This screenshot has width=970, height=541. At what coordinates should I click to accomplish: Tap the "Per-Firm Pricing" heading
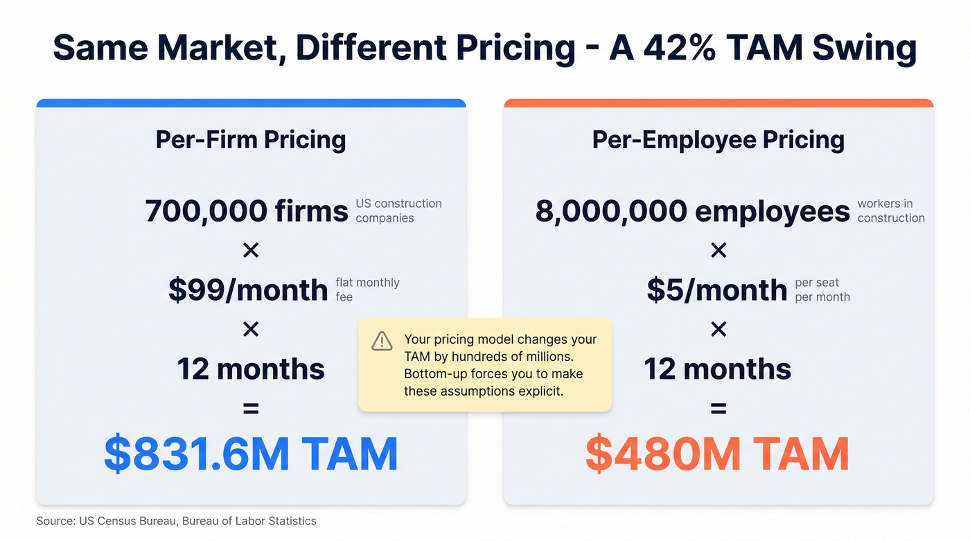pos(251,140)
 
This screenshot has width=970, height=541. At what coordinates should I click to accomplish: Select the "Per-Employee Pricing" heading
pos(718,140)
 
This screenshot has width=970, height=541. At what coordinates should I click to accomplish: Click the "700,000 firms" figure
pos(247,211)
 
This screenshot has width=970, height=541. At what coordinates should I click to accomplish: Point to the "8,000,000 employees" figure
pos(692,211)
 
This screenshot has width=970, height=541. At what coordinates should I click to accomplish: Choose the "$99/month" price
pos(248,290)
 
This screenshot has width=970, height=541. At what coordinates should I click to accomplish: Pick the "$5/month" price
pos(717,290)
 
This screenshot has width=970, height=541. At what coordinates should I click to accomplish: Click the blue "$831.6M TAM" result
pos(251,454)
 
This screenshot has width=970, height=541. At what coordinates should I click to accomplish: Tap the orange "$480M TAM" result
pos(718,454)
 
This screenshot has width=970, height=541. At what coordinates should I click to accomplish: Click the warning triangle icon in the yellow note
pos(382,341)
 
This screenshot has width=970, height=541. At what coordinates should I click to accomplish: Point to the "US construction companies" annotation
pos(398,211)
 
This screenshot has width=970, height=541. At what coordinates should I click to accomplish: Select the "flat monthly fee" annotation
pos(367,290)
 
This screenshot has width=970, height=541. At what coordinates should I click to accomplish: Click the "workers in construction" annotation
pos(890,211)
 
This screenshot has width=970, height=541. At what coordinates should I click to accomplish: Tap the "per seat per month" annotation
pos(822,290)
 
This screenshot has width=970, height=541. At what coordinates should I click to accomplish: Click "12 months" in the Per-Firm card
pos(251,369)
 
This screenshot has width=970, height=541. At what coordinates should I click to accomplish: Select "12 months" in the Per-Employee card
pos(718,369)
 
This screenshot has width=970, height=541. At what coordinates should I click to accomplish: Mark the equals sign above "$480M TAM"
pos(718,409)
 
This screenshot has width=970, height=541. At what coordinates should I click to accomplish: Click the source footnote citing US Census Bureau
pos(177,521)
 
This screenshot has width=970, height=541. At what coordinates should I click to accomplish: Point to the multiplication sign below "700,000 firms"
pos(251,250)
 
